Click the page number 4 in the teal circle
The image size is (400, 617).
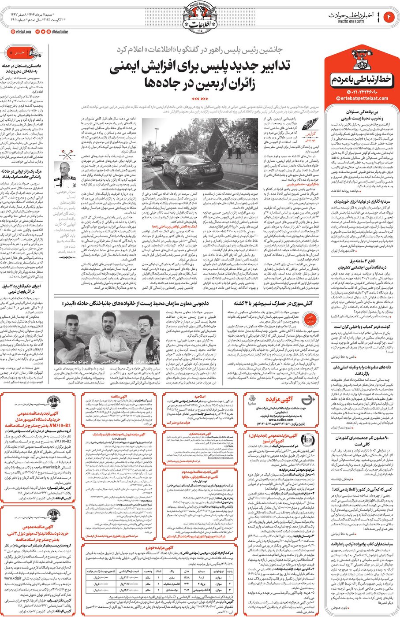pos(389,17)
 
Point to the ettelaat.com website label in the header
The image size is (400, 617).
pos(22,32)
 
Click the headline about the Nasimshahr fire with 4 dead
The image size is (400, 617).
pos(273,303)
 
